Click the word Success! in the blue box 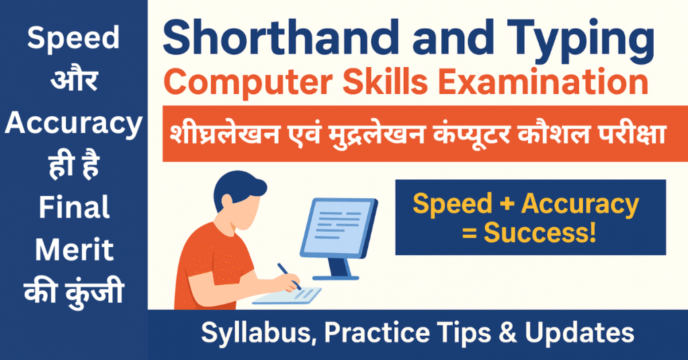[x=540, y=232]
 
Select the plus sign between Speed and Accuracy [x=507, y=204]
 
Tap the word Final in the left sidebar [x=74, y=207]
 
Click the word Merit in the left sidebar [x=74, y=249]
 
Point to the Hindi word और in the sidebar [x=74, y=79]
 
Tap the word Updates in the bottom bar [x=579, y=333]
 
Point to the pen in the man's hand [x=289, y=276]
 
